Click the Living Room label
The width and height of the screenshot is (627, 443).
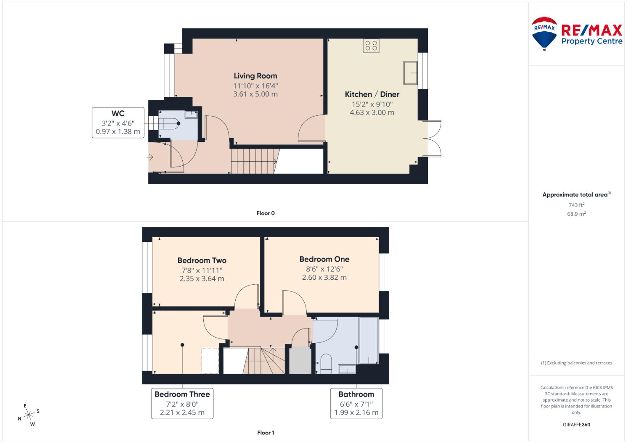255,76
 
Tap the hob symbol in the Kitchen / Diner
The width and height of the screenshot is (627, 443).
371,46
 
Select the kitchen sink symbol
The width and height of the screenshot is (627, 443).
411,73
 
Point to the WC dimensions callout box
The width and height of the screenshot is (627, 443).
118,122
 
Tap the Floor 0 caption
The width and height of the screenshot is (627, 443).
265,213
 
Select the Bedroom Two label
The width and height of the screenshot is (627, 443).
202,260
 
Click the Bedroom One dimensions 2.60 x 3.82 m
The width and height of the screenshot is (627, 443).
324,278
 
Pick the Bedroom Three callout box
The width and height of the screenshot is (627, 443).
182,403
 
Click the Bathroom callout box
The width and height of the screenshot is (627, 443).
356,403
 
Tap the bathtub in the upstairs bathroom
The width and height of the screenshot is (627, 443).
368,340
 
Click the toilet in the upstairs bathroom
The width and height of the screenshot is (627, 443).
326,364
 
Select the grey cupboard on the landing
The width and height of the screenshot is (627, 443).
300,361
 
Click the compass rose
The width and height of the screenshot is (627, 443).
28,415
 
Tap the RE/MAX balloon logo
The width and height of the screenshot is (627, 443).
544,33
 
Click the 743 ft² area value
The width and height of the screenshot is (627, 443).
576,205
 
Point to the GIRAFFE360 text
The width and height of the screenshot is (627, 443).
576,425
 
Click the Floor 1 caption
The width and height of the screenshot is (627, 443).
265,433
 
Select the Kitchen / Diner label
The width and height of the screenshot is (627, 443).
372,94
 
